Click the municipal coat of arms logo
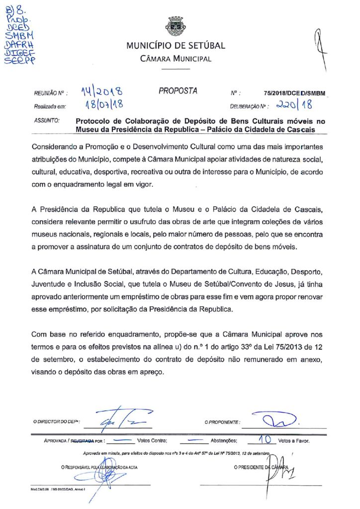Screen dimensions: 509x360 [175, 26]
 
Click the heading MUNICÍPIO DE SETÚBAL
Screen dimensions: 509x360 [176, 46]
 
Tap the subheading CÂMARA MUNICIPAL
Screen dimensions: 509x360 [176, 59]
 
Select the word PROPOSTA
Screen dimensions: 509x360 [178, 91]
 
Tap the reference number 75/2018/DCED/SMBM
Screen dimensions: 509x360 [297, 93]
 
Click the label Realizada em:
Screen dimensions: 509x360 [50, 106]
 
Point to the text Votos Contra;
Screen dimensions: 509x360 [152, 441]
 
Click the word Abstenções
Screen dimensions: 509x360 [227, 441]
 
